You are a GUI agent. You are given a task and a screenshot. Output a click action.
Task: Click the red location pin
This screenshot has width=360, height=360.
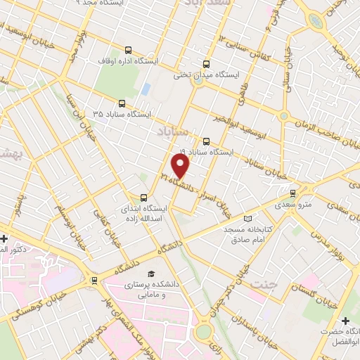click(x=181, y=166)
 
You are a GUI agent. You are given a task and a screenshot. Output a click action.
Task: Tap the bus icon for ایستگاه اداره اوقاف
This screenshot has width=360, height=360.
click(x=128, y=50)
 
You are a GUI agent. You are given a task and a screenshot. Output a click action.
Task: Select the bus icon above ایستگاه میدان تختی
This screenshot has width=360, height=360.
click(x=206, y=62)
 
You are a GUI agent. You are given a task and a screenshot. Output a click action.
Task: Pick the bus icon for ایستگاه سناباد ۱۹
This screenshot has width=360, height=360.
click(x=205, y=140)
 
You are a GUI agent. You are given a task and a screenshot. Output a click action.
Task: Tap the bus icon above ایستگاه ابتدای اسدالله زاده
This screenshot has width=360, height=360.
click(x=144, y=197)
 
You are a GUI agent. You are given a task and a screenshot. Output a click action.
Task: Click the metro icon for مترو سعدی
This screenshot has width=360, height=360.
click(x=294, y=192)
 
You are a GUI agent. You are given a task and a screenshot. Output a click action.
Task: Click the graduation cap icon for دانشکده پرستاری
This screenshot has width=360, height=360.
click(x=149, y=274)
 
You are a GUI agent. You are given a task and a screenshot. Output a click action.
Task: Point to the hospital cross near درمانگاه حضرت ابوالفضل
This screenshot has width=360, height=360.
click(x=345, y=320)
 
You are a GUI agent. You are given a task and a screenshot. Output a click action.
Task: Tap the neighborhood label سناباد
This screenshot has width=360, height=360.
click(x=169, y=131)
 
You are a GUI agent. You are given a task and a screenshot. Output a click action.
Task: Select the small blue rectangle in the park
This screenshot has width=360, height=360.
click(x=146, y=90)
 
